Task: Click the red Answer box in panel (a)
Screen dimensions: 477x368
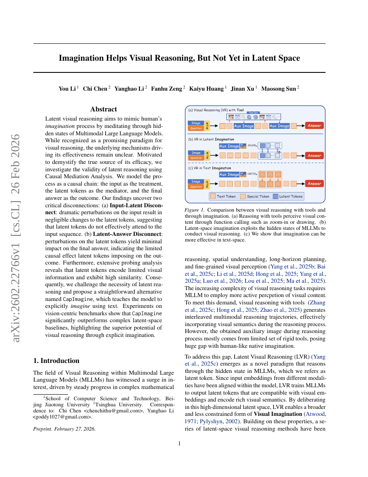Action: pos(314,126)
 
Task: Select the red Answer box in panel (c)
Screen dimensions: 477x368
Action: pos(314,183)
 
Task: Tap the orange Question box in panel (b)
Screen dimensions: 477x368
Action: pos(196,158)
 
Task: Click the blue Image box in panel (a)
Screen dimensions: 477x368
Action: pos(196,123)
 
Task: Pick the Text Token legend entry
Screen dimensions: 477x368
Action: pos(223,196)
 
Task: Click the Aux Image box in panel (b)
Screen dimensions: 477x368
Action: pos(229,146)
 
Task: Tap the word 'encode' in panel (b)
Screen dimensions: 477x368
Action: pos(252,145)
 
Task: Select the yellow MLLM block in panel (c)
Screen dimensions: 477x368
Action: pos(207,184)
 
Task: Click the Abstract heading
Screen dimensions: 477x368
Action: pos(103,109)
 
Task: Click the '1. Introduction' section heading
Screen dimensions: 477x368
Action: pos(56,360)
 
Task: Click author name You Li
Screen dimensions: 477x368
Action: pos(67,89)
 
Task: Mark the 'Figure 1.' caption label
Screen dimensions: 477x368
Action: pos(194,210)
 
